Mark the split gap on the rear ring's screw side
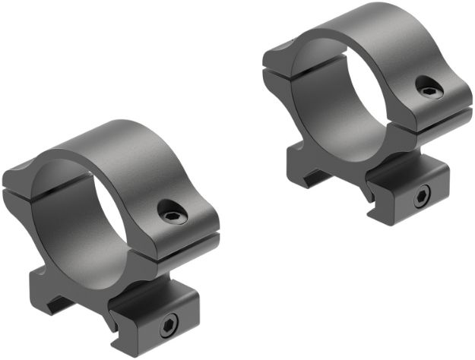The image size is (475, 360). point(445,115)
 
